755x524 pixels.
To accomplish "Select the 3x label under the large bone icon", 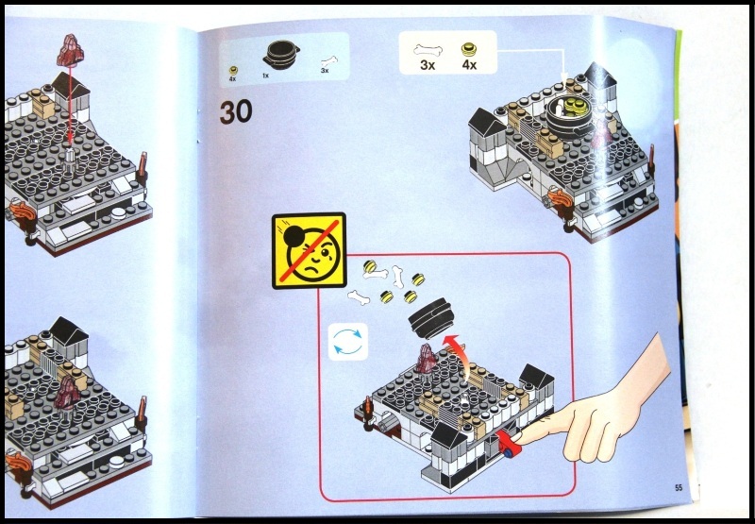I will coord(426,66).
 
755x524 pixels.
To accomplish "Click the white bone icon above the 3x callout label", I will coord(426,46).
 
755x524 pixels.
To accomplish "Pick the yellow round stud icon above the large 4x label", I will coord(466,47).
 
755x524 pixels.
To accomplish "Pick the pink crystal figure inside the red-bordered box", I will coord(427,360).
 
